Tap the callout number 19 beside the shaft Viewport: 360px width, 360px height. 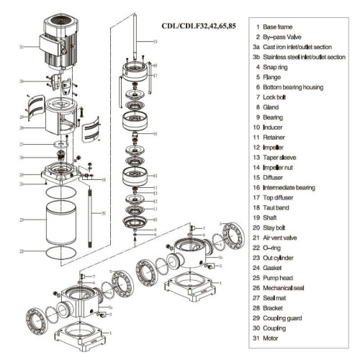(x=155, y=42)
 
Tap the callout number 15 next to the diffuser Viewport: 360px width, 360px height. (x=155, y=175)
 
